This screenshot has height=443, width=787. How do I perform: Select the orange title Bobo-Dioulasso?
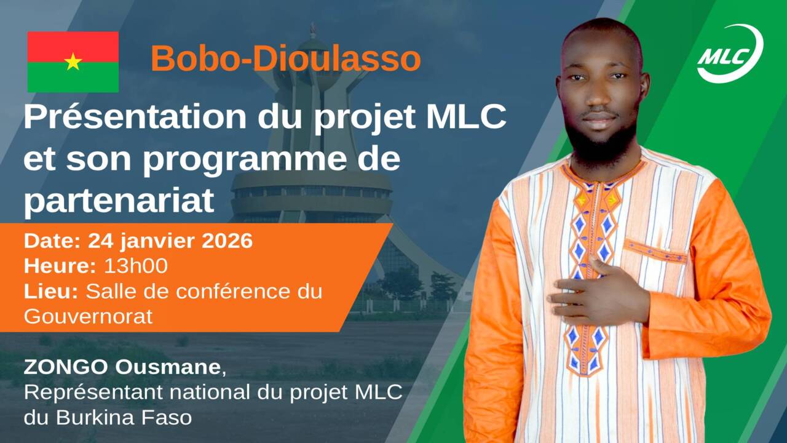coord(286,58)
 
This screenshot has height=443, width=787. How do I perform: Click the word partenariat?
coord(119,201)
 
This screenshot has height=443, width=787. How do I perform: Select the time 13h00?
coord(136,266)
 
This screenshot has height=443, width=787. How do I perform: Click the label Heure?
coord(60,266)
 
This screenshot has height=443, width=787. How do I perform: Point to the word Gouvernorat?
coord(88,316)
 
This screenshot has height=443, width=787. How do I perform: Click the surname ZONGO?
coord(66,367)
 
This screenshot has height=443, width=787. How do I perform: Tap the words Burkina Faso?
coord(124,418)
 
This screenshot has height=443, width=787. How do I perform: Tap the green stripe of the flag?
coord(73,78)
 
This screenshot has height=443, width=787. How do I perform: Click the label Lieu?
coord(51,292)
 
